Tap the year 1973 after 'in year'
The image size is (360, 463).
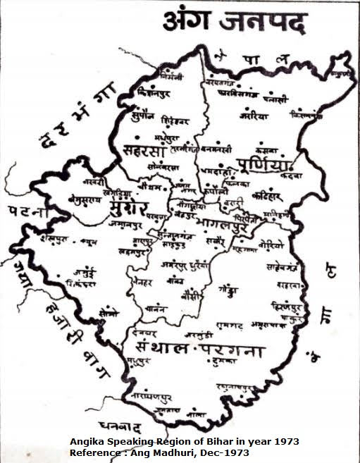click(x=285, y=442)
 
